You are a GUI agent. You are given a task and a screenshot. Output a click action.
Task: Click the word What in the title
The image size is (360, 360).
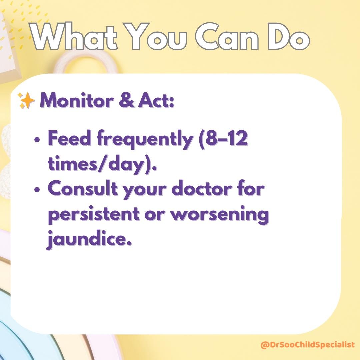click(74, 36)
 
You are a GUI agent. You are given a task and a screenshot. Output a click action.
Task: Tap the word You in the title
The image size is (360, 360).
click(156, 36)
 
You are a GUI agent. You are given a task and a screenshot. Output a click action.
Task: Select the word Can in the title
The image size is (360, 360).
click(227, 36)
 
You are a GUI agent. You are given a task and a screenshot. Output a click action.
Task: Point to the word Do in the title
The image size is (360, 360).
click(289, 36)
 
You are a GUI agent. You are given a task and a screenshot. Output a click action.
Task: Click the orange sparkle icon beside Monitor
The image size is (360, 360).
click(26, 101)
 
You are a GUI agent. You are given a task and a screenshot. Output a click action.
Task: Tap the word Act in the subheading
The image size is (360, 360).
click(156, 100)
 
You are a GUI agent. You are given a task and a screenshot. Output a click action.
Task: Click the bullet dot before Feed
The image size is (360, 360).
click(37, 139)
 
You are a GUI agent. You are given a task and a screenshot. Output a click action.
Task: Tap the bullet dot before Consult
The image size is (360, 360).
click(37, 190)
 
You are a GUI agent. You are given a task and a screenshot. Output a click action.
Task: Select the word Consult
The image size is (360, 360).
click(83, 188)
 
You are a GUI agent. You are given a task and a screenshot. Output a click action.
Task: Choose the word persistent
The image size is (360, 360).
click(94, 214)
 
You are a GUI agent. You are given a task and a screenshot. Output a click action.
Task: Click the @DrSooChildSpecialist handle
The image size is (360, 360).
click(308, 344)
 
